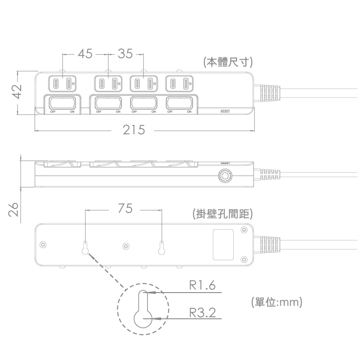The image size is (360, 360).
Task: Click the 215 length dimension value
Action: tap(133, 130)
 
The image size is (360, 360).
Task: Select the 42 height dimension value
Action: tap(16, 92)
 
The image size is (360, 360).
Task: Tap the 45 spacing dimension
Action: tap(85, 54)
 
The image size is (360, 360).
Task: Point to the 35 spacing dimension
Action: tap(125, 54)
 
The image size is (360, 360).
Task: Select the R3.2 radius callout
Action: tap(202, 312)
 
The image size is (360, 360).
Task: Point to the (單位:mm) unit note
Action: tap(276, 302)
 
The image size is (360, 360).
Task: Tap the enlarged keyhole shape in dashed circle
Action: tap(143, 312)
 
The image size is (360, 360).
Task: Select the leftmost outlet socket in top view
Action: tap(63, 84)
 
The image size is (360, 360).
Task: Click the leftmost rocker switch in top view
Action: tap(62, 103)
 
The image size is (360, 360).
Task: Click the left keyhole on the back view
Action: tap(85, 246)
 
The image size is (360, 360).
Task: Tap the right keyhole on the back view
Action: tap(162, 246)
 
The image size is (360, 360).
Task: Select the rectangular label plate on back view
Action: tap(222, 245)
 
